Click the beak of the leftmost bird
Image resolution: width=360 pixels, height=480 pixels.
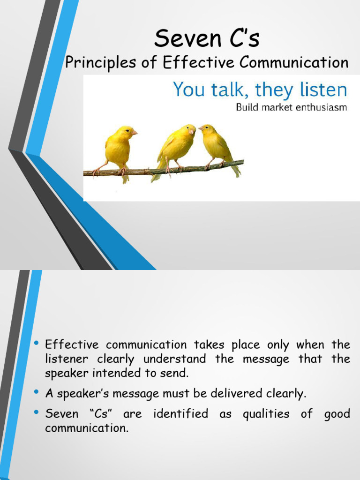135,133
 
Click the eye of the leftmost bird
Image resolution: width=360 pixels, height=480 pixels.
127,130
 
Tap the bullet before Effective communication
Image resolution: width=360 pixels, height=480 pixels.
36,344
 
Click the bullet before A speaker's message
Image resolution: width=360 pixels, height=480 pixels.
36,393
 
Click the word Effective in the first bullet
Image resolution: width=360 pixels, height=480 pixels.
72,345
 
